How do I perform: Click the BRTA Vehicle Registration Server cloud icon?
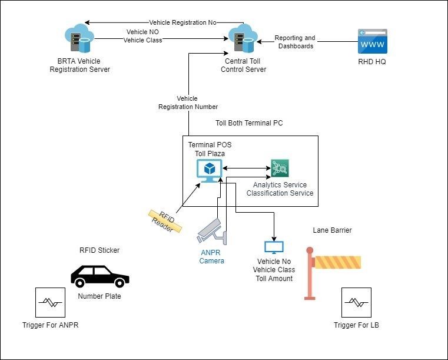tap(79, 38)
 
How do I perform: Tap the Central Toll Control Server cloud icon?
tap(243, 38)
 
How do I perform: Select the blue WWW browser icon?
tap(373, 41)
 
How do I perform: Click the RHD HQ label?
tap(372, 61)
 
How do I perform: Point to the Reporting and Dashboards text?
tap(295, 42)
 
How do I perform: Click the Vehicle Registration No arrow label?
tap(182, 22)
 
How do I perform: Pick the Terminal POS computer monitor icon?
tap(210, 171)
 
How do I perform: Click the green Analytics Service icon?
tap(280, 168)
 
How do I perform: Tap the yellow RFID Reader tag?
tap(165, 222)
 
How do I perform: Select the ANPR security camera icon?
tap(212, 232)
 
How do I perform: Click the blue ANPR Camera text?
tap(211, 256)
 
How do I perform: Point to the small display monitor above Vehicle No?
tap(274, 247)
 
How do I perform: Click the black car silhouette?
tap(100, 276)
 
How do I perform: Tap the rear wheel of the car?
tap(79, 283)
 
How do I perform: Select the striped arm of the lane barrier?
tap(337, 262)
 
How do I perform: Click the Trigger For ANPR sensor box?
tap(50, 302)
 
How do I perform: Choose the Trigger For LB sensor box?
tap(356, 302)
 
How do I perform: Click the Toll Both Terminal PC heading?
tap(249, 123)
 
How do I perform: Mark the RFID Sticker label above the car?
tap(99, 250)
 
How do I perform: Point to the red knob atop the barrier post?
tap(310, 250)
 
